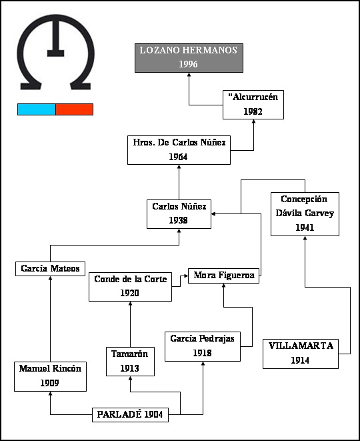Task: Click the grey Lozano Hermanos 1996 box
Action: pyautogui.click(x=189, y=58)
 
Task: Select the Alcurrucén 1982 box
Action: pyautogui.click(x=253, y=105)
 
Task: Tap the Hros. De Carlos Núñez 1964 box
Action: pyautogui.click(x=179, y=150)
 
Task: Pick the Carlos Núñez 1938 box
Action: pyautogui.click(x=179, y=214)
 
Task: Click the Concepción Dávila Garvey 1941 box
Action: pyautogui.click(x=305, y=214)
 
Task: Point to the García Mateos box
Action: pyautogui.click(x=50, y=269)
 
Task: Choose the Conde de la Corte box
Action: pyautogui.click(x=131, y=287)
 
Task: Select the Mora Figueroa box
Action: pyautogui.click(x=223, y=276)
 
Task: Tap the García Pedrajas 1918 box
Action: pyautogui.click(x=203, y=346)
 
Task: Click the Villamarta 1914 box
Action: pyautogui.click(x=301, y=354)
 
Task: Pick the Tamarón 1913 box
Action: pyautogui.click(x=130, y=362)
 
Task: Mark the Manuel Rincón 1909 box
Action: pyautogui.click(x=50, y=376)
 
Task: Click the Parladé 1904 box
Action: pyautogui.click(x=131, y=415)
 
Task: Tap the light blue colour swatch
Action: pyautogui.click(x=37, y=109)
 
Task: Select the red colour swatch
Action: pyautogui.click(x=75, y=109)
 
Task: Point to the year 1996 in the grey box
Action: pyautogui.click(x=188, y=64)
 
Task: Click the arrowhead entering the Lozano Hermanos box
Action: pyautogui.click(x=189, y=75)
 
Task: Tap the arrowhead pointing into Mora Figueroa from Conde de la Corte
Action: pyautogui.click(x=186, y=276)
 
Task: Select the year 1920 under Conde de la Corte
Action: pyautogui.click(x=129, y=293)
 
